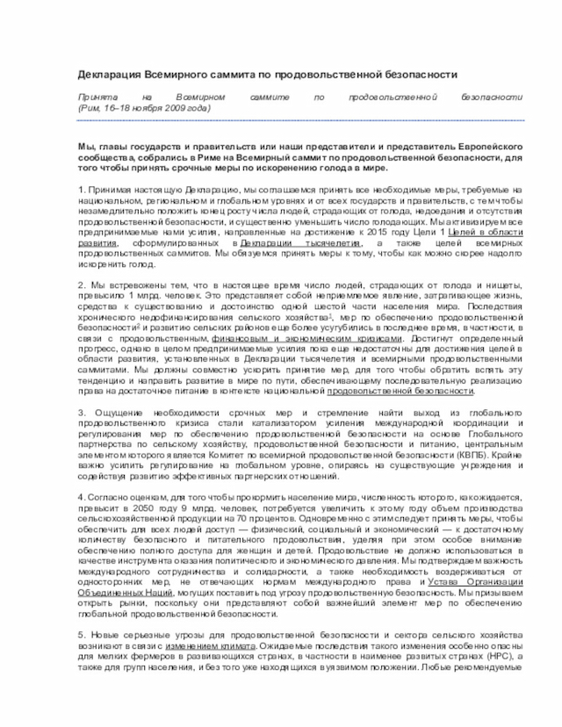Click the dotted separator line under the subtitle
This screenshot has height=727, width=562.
point(299,120)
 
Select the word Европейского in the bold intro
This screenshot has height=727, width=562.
point(493,145)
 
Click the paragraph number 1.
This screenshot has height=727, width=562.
point(81,190)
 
